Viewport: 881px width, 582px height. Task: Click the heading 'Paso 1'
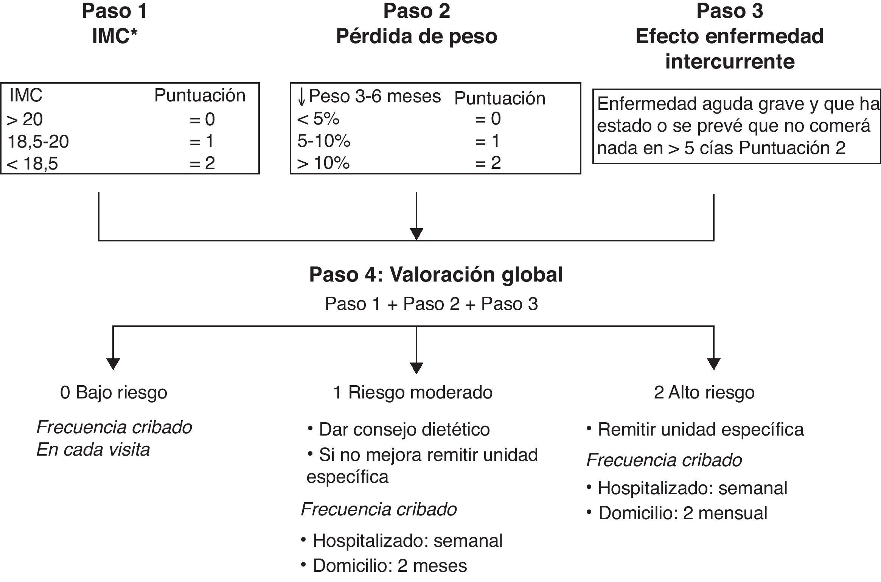[115, 11]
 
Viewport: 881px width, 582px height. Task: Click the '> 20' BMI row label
[25, 120]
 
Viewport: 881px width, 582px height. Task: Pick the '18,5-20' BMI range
[38, 142]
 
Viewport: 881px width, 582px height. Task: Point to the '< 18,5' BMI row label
[32, 163]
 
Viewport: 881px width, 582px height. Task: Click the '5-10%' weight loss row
[324, 141]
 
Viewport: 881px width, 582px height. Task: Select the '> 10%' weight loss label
[323, 163]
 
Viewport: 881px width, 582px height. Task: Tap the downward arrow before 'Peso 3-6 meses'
[301, 97]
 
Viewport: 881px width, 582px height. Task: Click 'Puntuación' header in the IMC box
[200, 96]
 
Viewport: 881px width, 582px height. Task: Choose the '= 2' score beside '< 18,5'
[202, 163]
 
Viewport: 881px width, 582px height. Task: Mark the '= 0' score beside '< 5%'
[488, 119]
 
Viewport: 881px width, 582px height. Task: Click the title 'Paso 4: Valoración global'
[436, 275]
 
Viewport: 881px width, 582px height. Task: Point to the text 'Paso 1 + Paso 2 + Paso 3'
[431, 304]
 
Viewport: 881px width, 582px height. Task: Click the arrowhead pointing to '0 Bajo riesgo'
[113, 364]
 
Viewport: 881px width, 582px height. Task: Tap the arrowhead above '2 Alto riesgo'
[713, 364]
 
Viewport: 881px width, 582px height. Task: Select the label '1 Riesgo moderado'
[413, 393]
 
